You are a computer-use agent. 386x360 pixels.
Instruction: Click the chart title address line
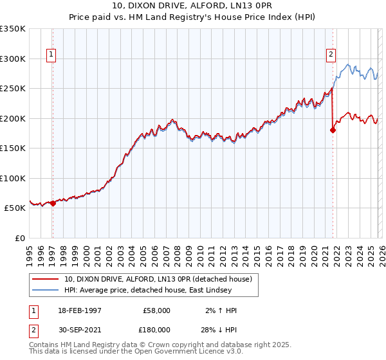pos(192,7)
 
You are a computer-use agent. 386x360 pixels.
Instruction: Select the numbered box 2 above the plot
pos(331,55)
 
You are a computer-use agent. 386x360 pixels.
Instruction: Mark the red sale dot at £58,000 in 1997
pos(53,204)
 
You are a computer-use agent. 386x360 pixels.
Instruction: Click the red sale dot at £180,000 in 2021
pos(333,130)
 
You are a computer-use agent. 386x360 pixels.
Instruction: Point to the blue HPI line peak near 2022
pos(347,64)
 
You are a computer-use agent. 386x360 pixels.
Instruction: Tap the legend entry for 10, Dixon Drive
pos(161,279)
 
